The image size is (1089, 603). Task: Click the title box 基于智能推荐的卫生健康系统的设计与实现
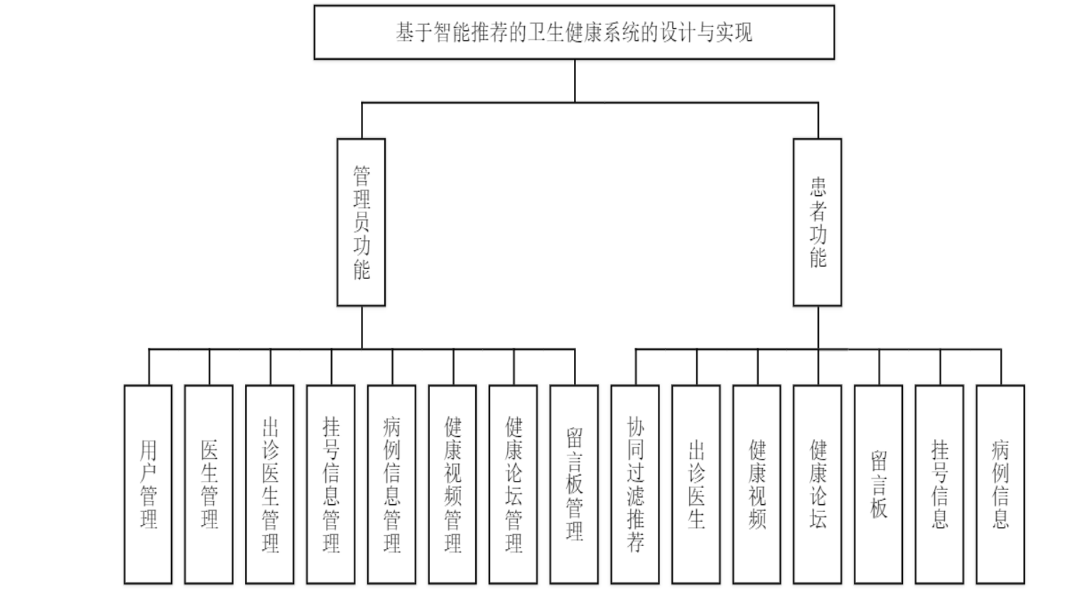[x=574, y=32]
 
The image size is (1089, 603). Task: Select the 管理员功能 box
[x=361, y=222]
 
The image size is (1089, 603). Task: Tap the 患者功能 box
[x=817, y=222]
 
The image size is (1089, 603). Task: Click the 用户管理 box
[x=148, y=484]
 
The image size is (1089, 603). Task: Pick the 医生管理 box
[x=209, y=484]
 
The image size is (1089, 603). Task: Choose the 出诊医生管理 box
[x=270, y=484]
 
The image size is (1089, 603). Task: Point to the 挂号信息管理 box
[x=331, y=484]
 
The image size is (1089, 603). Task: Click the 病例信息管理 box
[x=391, y=484]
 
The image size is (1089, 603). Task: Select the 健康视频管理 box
[x=453, y=484]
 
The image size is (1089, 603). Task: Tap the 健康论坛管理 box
[x=513, y=484]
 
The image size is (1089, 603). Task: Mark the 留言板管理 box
[x=574, y=484]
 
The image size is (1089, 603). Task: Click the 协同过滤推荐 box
[x=635, y=484]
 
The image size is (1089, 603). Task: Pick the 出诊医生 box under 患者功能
[x=696, y=484]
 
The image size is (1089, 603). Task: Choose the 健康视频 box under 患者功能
[x=757, y=484]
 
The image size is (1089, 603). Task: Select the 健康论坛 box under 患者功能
[x=818, y=484]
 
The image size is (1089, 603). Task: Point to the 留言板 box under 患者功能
[x=879, y=484]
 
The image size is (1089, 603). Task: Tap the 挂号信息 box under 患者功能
[x=939, y=484]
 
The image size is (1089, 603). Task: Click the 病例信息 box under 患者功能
[x=1000, y=484]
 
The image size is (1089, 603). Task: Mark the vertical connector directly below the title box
[x=575, y=80]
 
